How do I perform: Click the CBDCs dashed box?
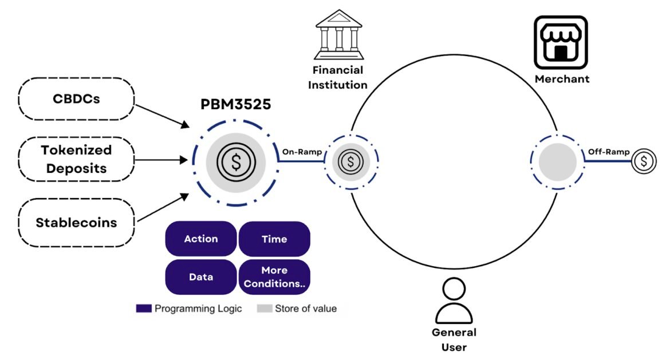pyautogui.click(x=76, y=98)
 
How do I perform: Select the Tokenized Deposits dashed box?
pyautogui.click(x=76, y=160)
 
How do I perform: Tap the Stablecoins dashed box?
pyautogui.click(x=76, y=222)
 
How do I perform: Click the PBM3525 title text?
pyautogui.click(x=236, y=105)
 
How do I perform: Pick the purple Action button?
pyautogui.click(x=200, y=239)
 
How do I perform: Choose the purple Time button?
pyautogui.click(x=274, y=239)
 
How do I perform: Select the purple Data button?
pyautogui.click(x=200, y=277)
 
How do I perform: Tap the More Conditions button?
pyautogui.click(x=274, y=277)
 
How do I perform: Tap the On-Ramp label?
pyautogui.click(x=302, y=152)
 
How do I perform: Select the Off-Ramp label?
pyautogui.click(x=609, y=152)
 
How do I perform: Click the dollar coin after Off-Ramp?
pyautogui.click(x=644, y=161)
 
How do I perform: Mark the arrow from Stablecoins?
pyautogui.click(x=163, y=208)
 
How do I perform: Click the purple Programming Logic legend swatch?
pyautogui.click(x=143, y=309)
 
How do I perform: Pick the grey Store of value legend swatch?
pyautogui.click(x=264, y=309)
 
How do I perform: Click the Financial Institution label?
pyautogui.click(x=338, y=78)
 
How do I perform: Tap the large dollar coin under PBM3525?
pyautogui.click(x=235, y=162)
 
